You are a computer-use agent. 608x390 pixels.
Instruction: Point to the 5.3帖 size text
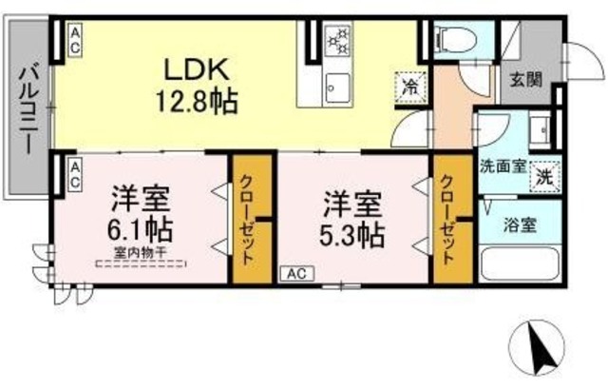tap(352, 234)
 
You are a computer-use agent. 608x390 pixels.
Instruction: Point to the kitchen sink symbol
tap(336, 89)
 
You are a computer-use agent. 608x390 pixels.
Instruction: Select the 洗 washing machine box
tap(545, 176)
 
